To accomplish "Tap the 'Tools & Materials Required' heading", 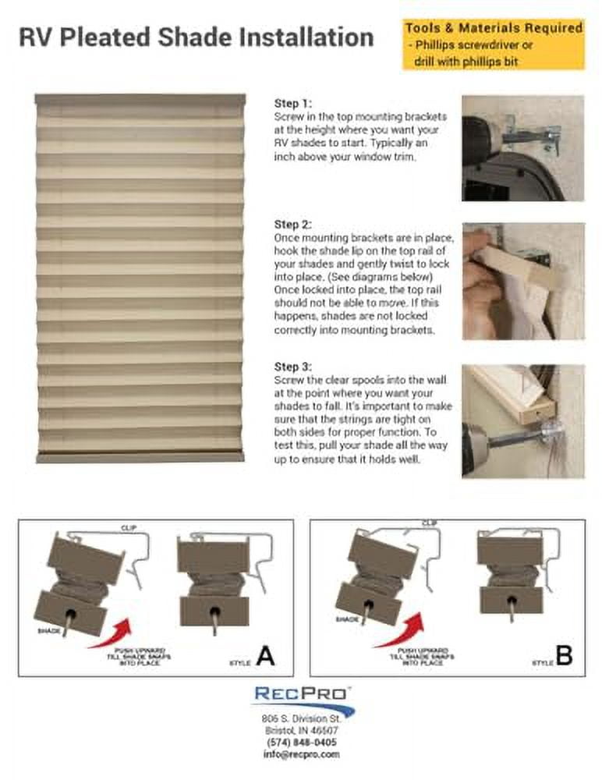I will point(494,28).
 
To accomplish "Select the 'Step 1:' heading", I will point(292,103).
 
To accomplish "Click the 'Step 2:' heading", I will point(292,224).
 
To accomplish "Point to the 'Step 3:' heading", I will point(292,367).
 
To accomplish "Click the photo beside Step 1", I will point(522,148).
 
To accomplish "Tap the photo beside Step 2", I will point(522,281).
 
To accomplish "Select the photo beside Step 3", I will point(522,421).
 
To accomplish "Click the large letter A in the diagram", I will point(265,657).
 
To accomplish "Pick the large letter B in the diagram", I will point(563,657).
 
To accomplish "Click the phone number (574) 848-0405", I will point(300,743).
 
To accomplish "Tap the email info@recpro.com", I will point(300,754).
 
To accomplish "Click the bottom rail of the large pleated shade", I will point(140,457).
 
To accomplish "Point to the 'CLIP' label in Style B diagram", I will point(429,523).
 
